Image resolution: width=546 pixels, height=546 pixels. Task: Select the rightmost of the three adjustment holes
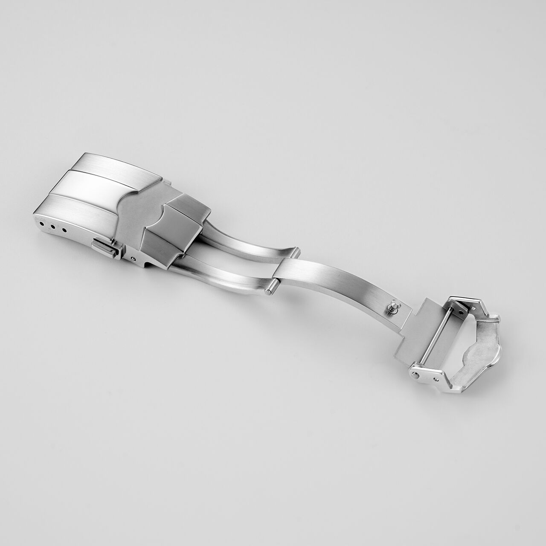pos(64,231)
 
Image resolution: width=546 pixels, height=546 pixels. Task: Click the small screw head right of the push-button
pos(134,258)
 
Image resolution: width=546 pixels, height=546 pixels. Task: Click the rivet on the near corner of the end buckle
pos(416,375)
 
